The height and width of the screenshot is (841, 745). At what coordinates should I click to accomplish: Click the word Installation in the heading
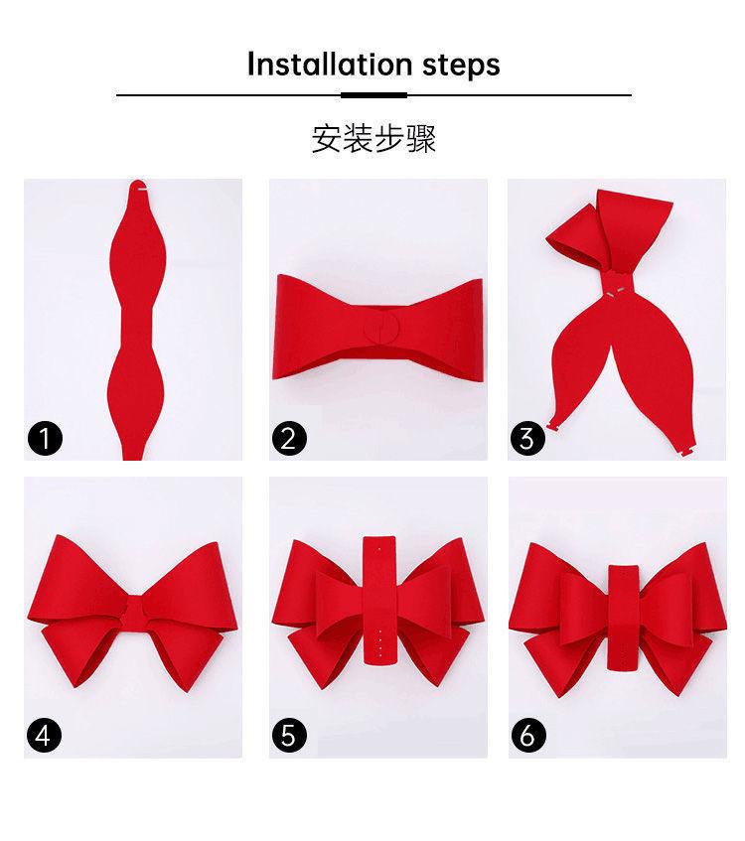[330, 64]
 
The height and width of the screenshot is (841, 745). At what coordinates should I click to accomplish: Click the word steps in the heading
[461, 66]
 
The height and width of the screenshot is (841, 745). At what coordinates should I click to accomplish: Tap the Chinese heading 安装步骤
[373, 139]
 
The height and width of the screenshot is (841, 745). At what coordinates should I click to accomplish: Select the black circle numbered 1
[45, 438]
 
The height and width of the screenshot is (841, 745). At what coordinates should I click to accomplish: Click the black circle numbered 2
[289, 438]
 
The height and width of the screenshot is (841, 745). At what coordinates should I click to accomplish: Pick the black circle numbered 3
[527, 438]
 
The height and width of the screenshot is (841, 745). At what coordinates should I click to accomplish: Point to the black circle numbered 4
[44, 735]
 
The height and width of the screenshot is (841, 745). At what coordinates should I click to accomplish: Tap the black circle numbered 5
[289, 735]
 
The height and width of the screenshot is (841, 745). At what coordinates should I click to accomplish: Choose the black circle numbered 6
[528, 735]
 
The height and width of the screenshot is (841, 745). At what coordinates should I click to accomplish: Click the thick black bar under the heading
[373, 95]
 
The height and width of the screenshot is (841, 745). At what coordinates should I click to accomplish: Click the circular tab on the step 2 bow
[381, 328]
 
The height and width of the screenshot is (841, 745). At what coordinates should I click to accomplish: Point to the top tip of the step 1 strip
[138, 181]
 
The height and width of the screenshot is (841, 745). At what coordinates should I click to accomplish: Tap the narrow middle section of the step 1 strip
[137, 326]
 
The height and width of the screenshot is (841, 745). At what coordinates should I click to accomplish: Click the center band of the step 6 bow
[623, 618]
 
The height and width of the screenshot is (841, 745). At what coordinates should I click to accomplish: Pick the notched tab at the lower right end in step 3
[687, 450]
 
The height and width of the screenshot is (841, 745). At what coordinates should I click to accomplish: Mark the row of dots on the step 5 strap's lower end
[380, 644]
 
